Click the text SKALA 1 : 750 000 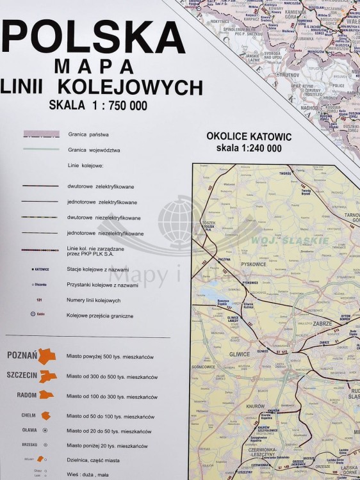pos(97,105)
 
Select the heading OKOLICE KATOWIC pos(249,137)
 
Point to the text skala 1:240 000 pos(249,148)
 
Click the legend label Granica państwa pos(88,134)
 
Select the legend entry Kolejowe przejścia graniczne pos(102,316)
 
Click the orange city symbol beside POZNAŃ pos(47,356)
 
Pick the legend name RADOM pos(27,395)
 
